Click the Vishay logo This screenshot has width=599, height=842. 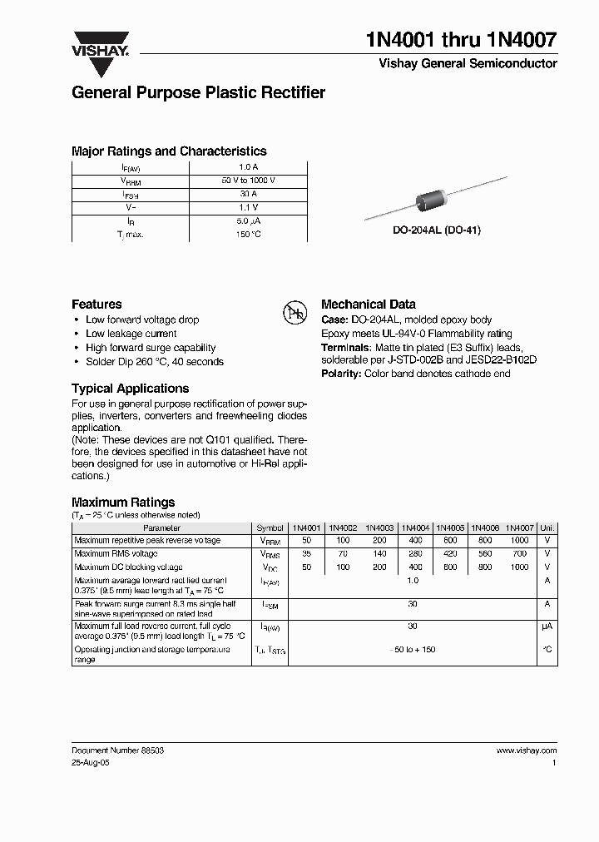[99, 42]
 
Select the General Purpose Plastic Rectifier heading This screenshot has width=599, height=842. [198, 93]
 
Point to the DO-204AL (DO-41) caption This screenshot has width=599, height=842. [437, 230]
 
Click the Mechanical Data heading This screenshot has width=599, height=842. [368, 305]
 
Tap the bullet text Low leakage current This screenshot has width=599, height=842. [131, 334]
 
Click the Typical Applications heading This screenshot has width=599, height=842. [130, 389]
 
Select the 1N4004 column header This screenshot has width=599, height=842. [415, 527]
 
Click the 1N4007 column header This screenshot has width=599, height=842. [519, 527]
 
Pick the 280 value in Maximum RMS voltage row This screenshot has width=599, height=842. [414, 553]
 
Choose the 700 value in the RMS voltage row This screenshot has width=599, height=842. [519, 553]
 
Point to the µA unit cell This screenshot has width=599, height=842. [547, 626]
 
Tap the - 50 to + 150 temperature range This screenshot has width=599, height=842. [413, 648]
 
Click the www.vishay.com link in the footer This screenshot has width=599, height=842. [526, 750]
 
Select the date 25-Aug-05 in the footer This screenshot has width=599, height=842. [92, 762]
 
